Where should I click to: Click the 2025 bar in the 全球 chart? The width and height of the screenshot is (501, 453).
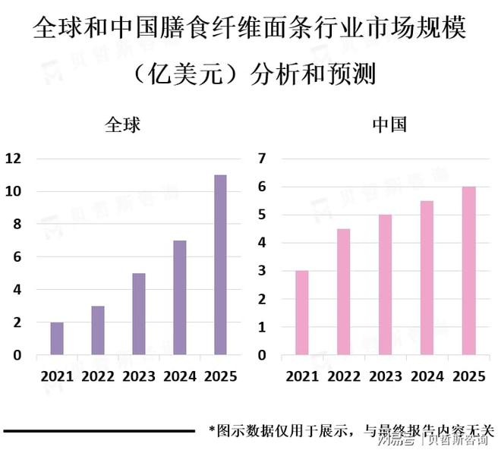pos(220,265)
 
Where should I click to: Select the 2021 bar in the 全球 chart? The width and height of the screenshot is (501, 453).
pos(57,338)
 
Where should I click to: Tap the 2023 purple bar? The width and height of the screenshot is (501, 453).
pos(139,314)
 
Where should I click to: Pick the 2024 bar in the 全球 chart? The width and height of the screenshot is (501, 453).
pos(180,297)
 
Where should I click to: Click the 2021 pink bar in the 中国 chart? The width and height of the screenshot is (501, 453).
pos(302,313)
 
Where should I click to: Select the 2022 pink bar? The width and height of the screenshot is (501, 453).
pos(344,292)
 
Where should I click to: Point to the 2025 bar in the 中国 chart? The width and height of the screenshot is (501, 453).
pos(468,271)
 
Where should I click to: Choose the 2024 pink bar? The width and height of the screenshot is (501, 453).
pos(427,278)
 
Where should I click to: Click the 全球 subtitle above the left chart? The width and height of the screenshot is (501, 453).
pos(123,125)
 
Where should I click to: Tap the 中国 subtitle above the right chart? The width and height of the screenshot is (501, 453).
pos(389,125)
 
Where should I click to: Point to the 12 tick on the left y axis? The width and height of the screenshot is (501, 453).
pos(12,159)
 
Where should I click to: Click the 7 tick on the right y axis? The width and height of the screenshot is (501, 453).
pos(263,159)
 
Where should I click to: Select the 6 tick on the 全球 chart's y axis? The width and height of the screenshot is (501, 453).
pos(17,257)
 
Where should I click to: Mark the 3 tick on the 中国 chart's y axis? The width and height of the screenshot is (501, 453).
pos(263,271)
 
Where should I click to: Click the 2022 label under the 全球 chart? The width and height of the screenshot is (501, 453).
pos(98,376)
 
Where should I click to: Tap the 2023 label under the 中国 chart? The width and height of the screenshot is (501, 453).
pos(385,376)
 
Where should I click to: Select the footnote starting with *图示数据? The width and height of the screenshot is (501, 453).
pos(351,430)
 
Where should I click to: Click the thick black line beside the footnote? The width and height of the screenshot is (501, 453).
pos(99,431)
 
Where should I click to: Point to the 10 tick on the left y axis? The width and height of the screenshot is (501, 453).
pos(12,191)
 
